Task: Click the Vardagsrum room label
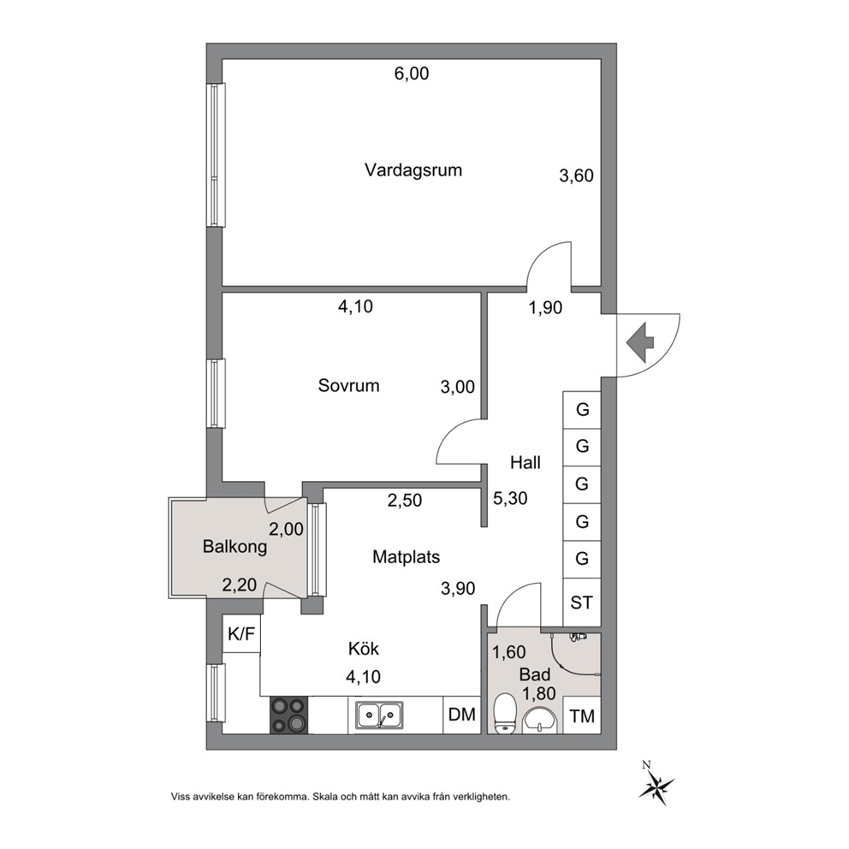pyautogui.click(x=413, y=170)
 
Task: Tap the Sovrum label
pyautogui.click(x=348, y=385)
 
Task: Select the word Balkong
pyautogui.click(x=235, y=547)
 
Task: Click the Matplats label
pyautogui.click(x=406, y=556)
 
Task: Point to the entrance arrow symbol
pyautogui.click(x=640, y=342)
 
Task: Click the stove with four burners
pyautogui.click(x=288, y=715)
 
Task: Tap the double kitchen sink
pyautogui.click(x=379, y=715)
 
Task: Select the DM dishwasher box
pyautogui.click(x=462, y=715)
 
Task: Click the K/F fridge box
pyautogui.click(x=241, y=633)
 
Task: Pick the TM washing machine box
pyautogui.click(x=582, y=715)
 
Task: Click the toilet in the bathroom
pyautogui.click(x=505, y=713)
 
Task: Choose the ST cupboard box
pyautogui.click(x=582, y=603)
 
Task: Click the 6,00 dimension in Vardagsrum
pyautogui.click(x=412, y=73)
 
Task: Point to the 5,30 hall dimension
pyautogui.click(x=510, y=498)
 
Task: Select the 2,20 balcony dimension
pyautogui.click(x=240, y=585)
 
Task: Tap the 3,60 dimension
pyautogui.click(x=576, y=176)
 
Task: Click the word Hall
pyautogui.click(x=525, y=463)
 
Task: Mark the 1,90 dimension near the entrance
pyautogui.click(x=545, y=307)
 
